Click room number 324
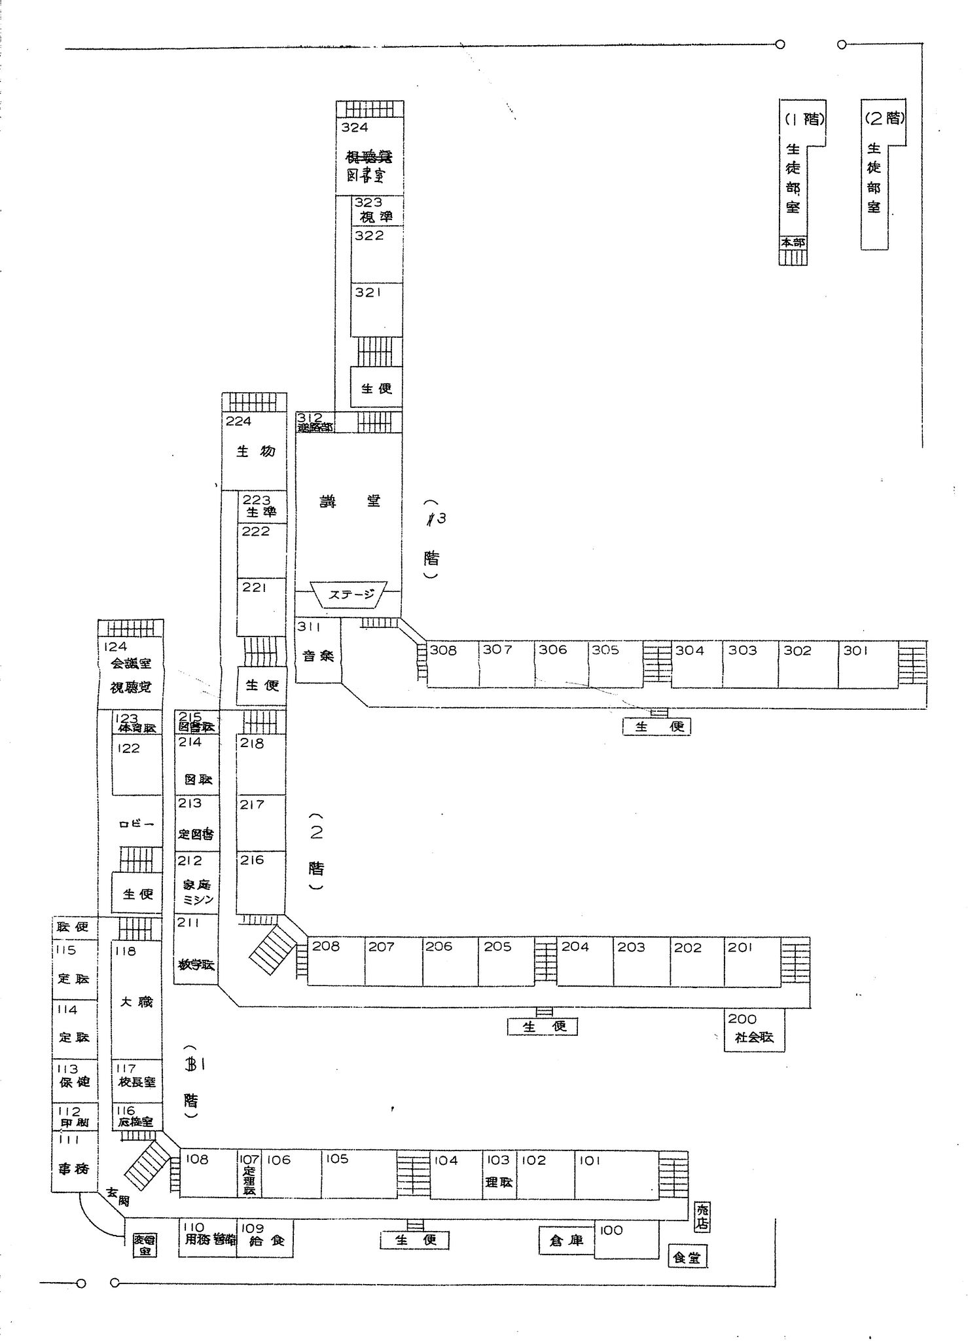(355, 128)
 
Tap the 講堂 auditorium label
(350, 502)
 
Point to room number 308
(443, 650)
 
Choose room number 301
(855, 650)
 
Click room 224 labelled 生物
(255, 450)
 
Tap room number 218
(252, 743)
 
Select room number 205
(497, 946)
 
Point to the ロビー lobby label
(136, 824)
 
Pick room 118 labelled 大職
(136, 1002)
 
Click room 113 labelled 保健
(75, 1077)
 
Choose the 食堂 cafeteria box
(687, 1257)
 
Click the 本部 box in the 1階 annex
(793, 242)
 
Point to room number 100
(611, 1230)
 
